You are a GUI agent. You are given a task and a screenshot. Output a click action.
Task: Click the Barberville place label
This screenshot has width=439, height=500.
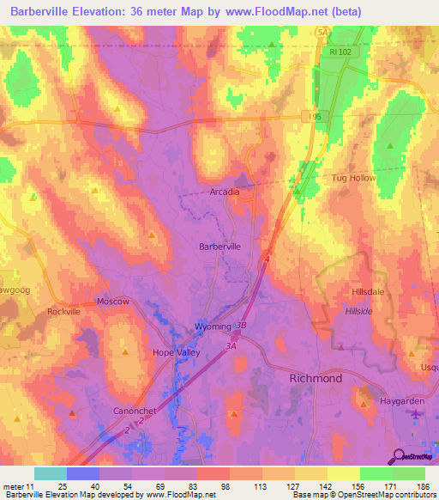coord(219,246)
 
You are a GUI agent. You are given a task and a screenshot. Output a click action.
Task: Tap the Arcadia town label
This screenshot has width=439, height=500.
coord(225,192)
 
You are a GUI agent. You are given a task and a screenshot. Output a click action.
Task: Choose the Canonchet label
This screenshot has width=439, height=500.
coord(135,411)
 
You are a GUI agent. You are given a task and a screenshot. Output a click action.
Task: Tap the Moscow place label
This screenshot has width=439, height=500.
coord(113,302)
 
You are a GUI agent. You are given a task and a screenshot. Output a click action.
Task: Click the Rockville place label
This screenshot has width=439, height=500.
coord(64,311)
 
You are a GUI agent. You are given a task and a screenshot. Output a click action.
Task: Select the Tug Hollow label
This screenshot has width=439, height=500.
coord(353,178)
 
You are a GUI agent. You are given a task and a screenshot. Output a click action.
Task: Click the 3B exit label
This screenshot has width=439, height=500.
coord(242,326)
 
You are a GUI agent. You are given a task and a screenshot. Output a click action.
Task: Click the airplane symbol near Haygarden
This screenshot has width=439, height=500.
coord(417,414)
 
